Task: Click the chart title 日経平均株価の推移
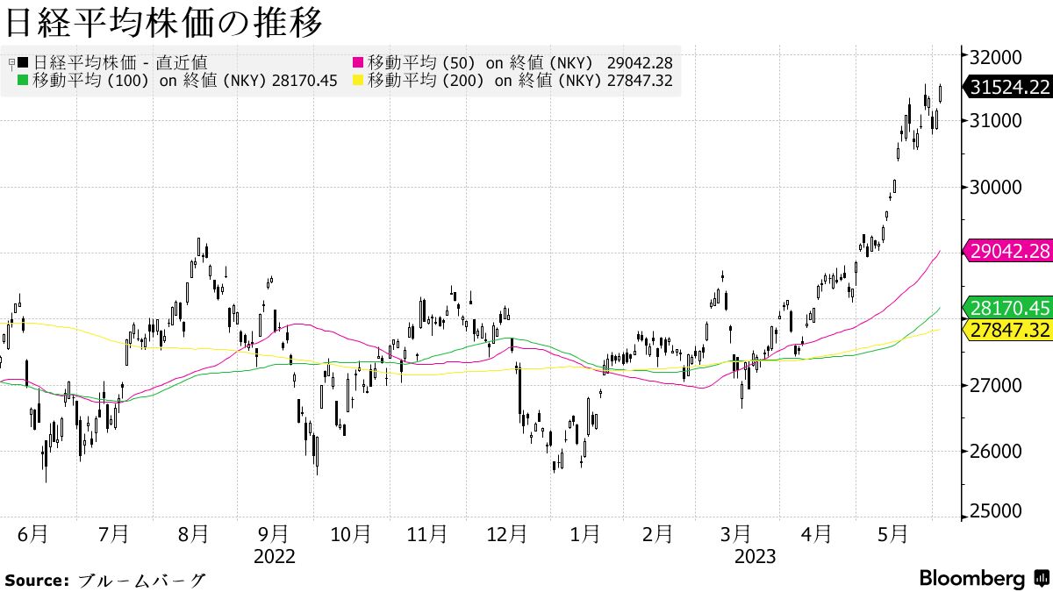[x=162, y=22]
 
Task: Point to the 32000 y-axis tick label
[x=997, y=56]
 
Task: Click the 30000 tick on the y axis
[x=997, y=187]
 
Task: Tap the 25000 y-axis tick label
[x=997, y=511]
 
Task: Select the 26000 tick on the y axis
[x=997, y=451]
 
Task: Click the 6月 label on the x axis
[x=33, y=533]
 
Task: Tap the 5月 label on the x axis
[x=892, y=533]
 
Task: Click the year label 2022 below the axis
[x=275, y=556]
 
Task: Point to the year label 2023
[x=755, y=556]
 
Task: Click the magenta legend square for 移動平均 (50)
[x=358, y=63]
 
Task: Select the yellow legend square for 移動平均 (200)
[x=358, y=81]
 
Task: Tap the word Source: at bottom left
[x=36, y=580]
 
